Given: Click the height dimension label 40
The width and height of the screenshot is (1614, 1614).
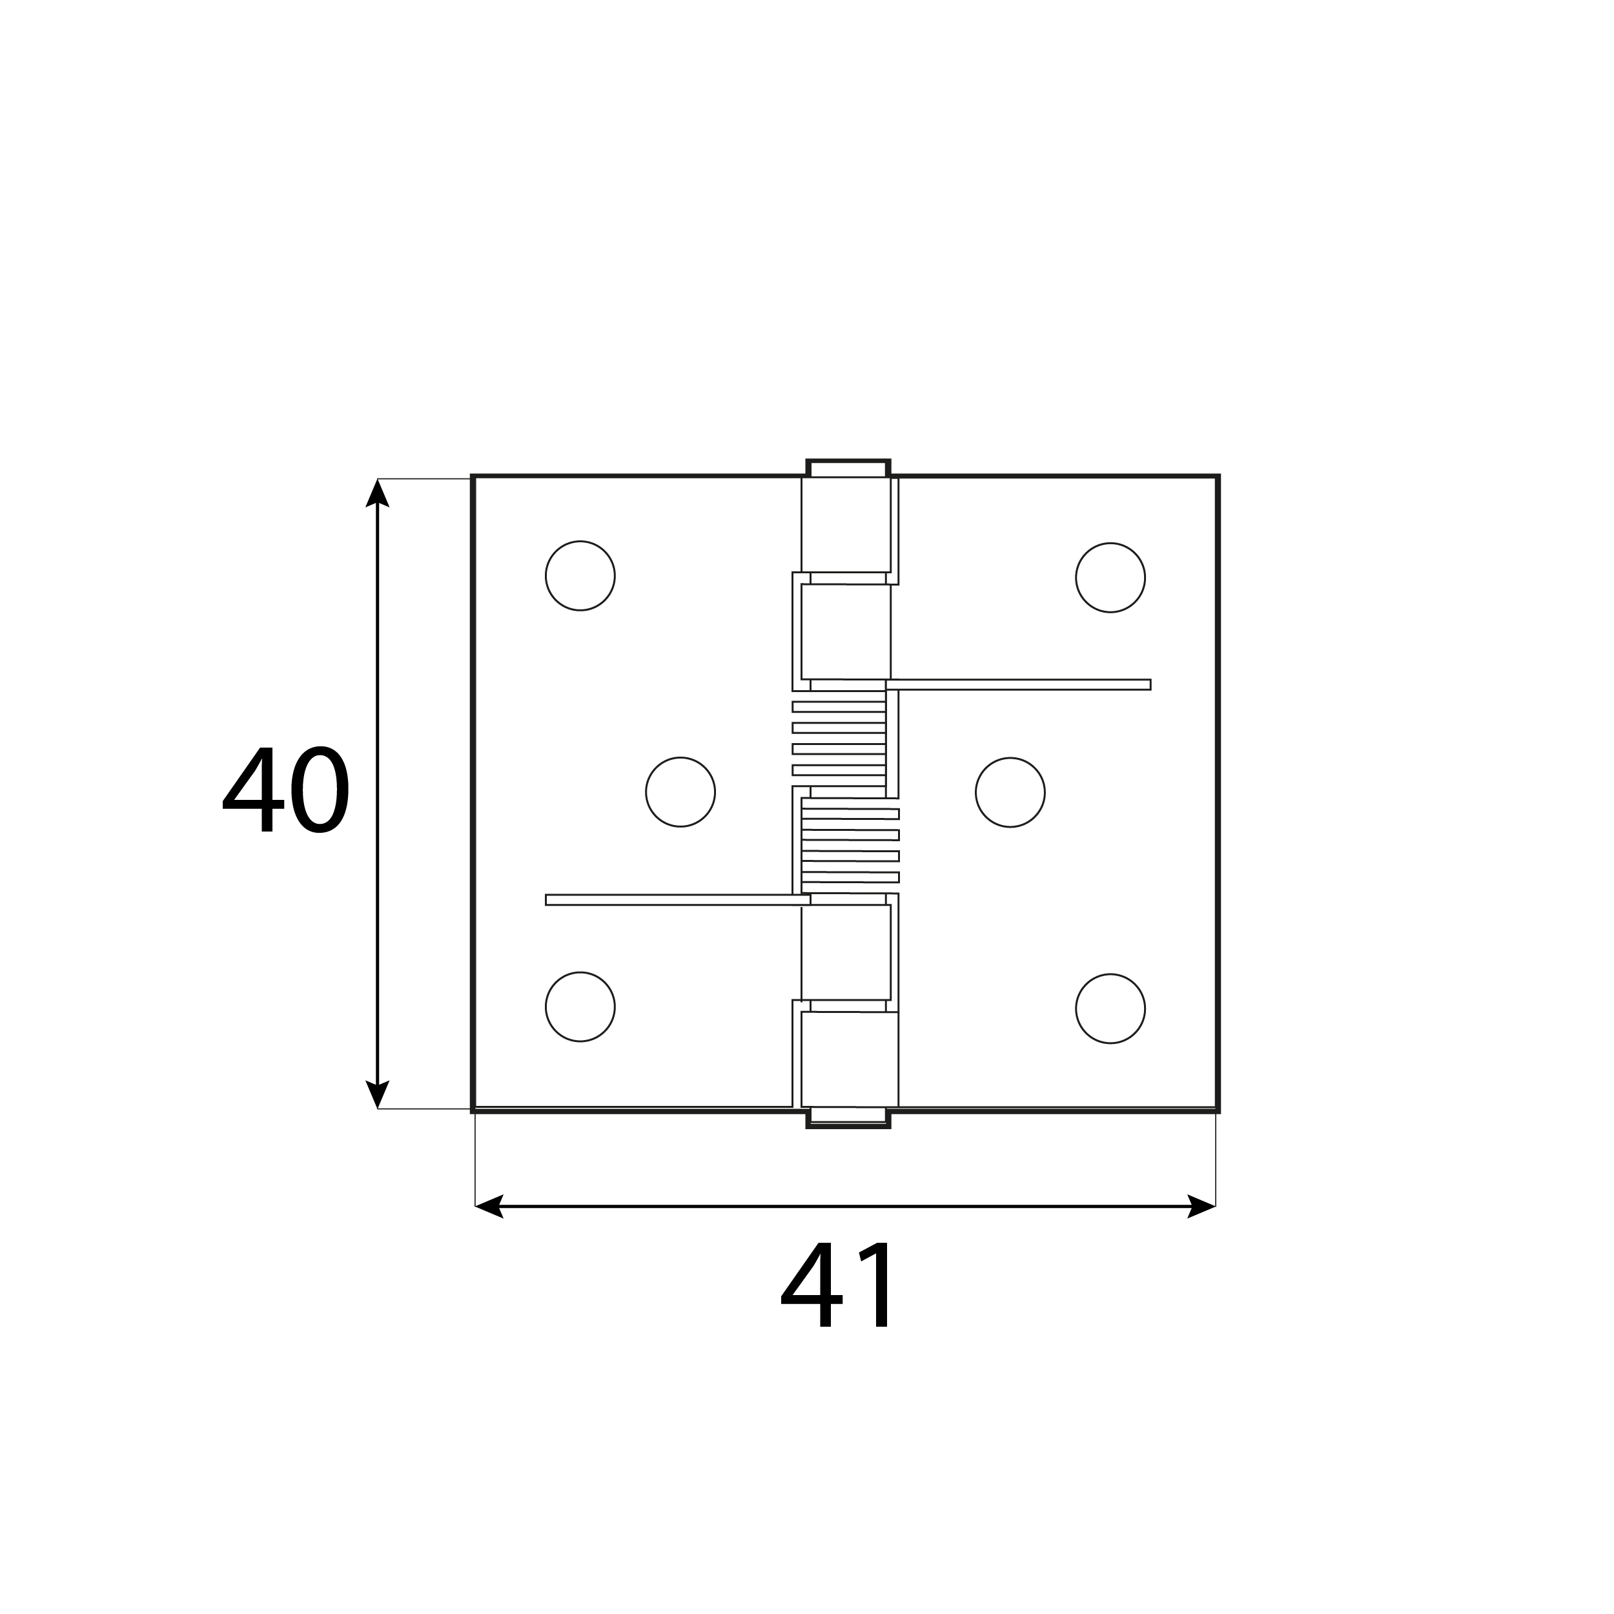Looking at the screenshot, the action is (286, 789).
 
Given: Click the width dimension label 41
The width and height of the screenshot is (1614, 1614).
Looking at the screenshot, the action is (837, 1284).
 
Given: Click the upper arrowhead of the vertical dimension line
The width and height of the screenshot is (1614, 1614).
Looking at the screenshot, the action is (378, 492).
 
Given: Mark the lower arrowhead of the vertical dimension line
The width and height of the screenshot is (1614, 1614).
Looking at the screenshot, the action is (378, 1094).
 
